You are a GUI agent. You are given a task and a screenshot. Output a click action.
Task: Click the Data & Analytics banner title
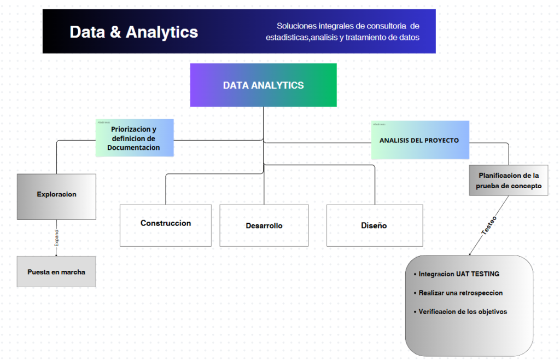[x=133, y=32]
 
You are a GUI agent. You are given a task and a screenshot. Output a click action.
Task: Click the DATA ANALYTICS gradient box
[x=263, y=85]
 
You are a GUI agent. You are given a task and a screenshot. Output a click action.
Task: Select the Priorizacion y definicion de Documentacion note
[x=134, y=138]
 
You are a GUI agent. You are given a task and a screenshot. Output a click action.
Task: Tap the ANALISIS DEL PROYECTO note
[x=419, y=140]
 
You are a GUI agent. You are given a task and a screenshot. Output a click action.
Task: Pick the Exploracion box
[x=56, y=194]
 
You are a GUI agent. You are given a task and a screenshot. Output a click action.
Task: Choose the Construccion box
[x=166, y=223]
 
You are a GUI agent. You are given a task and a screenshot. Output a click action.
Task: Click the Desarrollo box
[x=264, y=225]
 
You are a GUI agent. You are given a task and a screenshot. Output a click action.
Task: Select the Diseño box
[x=374, y=225]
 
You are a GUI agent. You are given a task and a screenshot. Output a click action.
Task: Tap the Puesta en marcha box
[x=56, y=272]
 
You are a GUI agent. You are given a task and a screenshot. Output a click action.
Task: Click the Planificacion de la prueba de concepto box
[x=509, y=181]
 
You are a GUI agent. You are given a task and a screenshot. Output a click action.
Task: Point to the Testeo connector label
[x=489, y=226]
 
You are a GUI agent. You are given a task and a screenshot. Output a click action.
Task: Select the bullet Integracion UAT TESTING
[x=459, y=274]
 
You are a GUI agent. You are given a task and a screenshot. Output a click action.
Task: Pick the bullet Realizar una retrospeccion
[x=460, y=293]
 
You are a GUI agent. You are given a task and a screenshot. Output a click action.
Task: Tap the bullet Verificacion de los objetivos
[x=463, y=311]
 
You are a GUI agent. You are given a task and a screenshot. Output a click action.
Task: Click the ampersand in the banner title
[x=115, y=32]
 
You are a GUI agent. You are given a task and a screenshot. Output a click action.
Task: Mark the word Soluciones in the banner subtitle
[x=295, y=26]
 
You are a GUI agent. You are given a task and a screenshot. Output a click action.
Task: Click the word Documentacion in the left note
[x=133, y=147]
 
